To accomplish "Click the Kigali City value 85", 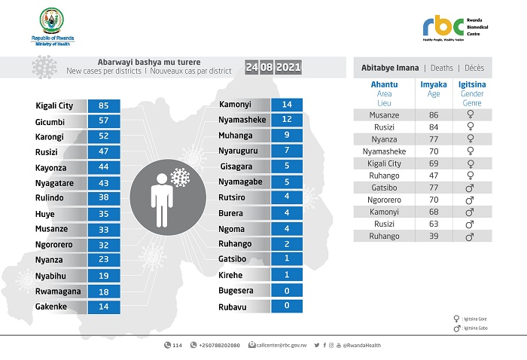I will tap(104, 106).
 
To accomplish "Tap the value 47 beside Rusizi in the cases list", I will tap(104, 151).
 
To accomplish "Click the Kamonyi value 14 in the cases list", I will tap(286, 105).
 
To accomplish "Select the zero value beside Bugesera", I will tap(286, 291).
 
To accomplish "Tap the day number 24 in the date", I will tap(252, 68).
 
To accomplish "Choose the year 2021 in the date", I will tap(288, 68).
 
